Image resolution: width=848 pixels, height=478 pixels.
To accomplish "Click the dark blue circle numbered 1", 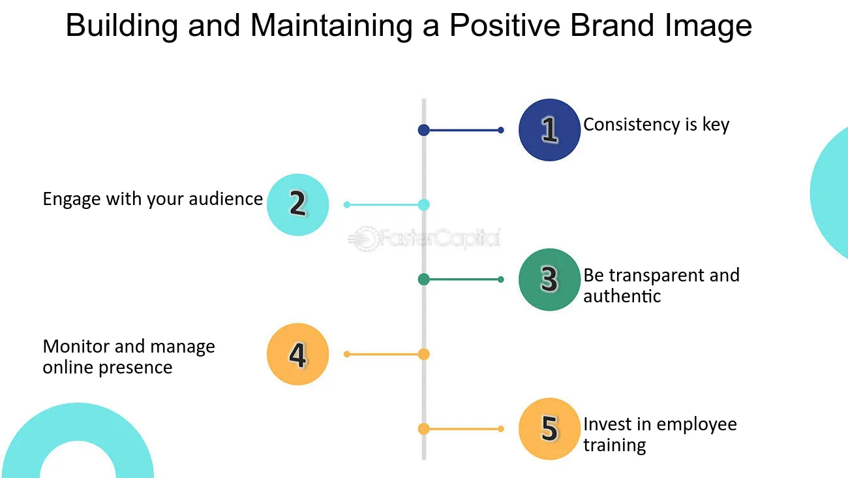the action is [x=549, y=130].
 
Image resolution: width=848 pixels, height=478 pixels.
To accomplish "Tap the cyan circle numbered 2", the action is [x=298, y=204].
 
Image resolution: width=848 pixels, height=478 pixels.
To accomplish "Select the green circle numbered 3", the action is [x=549, y=279].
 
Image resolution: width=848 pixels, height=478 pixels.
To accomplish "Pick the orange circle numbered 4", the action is [x=298, y=354].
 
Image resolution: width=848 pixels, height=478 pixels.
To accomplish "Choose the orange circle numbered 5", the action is [x=549, y=429].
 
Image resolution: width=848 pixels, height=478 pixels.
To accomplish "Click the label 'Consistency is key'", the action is [x=656, y=125].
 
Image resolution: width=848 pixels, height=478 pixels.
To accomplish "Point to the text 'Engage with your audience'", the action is [x=153, y=199].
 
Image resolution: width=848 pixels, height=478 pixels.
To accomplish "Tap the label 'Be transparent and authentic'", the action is [x=661, y=285].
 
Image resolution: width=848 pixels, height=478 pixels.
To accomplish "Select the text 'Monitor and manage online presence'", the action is [x=129, y=357].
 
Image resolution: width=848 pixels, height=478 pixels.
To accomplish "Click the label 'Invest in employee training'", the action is [x=660, y=434].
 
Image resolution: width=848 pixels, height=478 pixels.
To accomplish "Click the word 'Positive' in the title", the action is [x=505, y=25].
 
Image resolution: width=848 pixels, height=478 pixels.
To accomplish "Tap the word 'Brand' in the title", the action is [x=612, y=25].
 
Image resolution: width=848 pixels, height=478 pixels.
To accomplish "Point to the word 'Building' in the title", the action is [x=122, y=26].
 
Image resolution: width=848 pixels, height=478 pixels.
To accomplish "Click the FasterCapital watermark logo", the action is [x=424, y=239].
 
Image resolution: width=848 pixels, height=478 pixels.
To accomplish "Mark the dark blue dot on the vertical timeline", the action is [x=423, y=130].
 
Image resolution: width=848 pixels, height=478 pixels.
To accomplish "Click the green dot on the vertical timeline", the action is [x=423, y=279].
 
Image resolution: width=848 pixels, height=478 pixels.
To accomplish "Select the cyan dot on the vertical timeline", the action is [x=423, y=204].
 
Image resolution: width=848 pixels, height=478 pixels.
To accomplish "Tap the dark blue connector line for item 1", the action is [x=462, y=130].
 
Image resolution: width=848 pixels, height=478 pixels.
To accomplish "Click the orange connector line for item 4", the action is [x=385, y=354].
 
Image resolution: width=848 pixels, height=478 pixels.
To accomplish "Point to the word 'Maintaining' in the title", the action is [x=331, y=26].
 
